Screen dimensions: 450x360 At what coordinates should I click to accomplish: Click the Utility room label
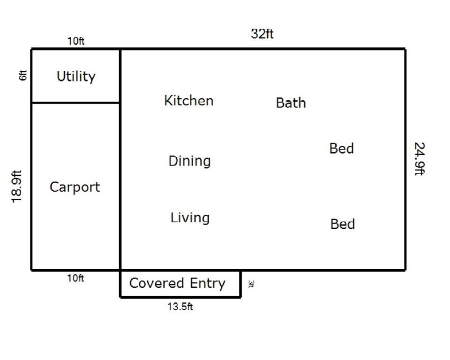tap(76, 77)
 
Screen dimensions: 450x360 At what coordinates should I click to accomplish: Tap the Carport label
tap(75, 187)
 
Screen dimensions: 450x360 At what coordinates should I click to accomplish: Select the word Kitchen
tap(189, 100)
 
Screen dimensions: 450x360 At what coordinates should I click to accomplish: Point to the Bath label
tap(291, 103)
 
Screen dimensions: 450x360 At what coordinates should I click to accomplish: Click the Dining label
tap(189, 161)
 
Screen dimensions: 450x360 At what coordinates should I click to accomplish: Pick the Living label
tap(190, 217)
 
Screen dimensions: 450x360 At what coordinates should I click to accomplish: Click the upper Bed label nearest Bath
tap(342, 149)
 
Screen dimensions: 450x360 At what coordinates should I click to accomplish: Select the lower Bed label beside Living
tap(343, 224)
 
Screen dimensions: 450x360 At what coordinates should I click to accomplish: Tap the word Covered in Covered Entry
tap(157, 283)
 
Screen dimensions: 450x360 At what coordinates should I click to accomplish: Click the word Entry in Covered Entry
tap(208, 284)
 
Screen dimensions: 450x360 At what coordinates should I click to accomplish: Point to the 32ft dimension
tap(262, 34)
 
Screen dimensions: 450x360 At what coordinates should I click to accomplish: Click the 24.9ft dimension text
tap(420, 159)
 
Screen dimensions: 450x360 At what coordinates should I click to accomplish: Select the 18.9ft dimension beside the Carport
tap(17, 187)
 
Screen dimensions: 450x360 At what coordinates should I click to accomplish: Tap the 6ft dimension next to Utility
tap(23, 75)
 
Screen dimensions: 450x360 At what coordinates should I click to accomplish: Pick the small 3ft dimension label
tap(250, 284)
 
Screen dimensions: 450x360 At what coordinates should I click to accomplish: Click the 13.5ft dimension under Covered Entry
tap(180, 307)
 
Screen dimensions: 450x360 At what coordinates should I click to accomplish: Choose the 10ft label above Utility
tap(76, 41)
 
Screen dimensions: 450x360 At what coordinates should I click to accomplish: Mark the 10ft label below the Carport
tap(75, 278)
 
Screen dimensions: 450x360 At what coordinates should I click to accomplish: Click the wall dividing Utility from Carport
tap(75, 102)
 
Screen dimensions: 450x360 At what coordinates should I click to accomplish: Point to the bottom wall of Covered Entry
tap(180, 297)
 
